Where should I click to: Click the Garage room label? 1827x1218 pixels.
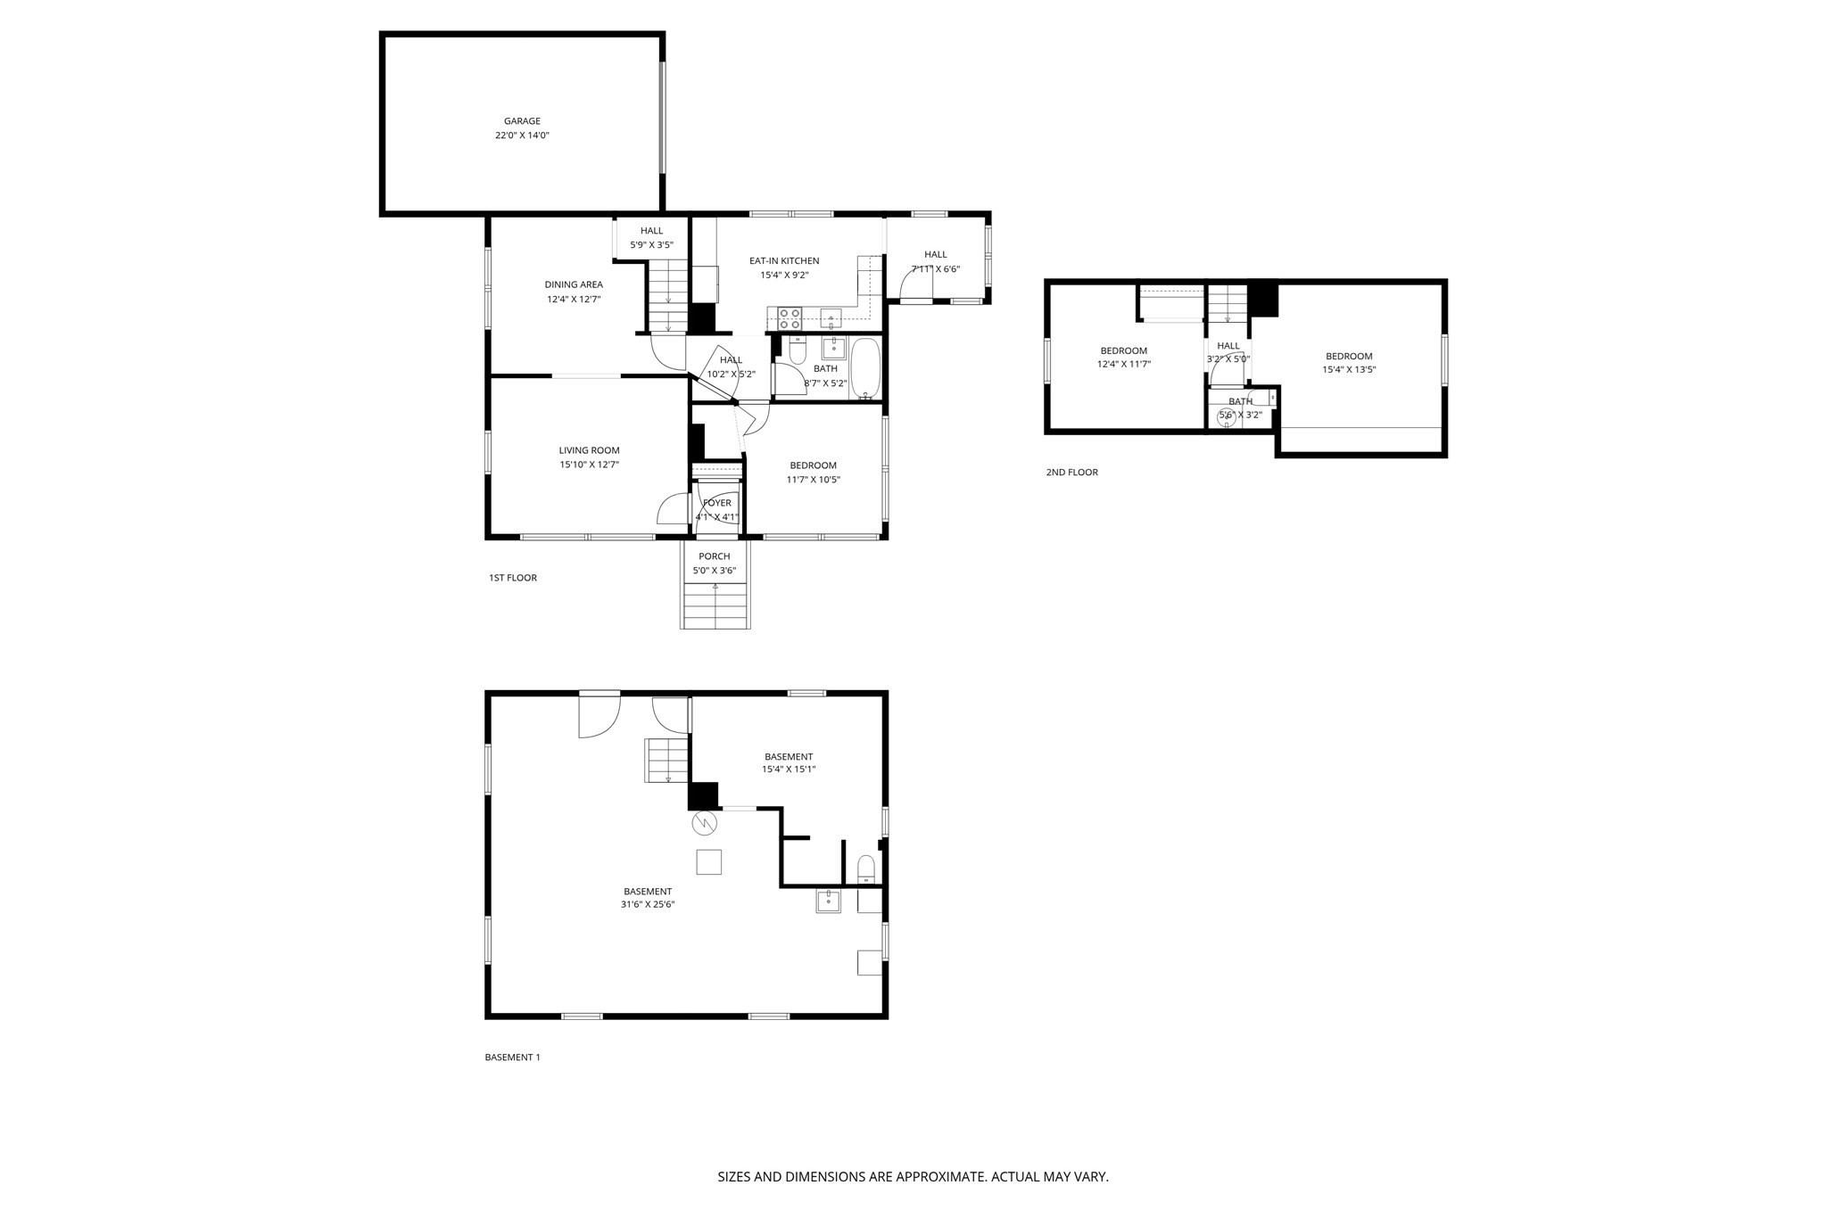coord(522,121)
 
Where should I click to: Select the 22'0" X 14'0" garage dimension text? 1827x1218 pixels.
coord(522,136)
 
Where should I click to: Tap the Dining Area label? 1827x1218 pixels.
coord(574,284)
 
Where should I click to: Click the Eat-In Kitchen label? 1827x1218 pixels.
coord(784,261)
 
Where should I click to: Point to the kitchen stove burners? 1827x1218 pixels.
coord(789,318)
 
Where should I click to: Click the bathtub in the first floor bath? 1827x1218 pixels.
coord(866,368)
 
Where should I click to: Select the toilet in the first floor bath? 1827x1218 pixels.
coord(798,350)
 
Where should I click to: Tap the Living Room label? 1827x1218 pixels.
coord(589,450)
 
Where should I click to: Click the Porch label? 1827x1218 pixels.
coord(715,556)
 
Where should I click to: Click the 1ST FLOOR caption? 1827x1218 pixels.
coord(513,578)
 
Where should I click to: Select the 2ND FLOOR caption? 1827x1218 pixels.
coord(1071,473)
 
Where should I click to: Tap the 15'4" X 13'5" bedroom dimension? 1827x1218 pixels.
coord(1349,369)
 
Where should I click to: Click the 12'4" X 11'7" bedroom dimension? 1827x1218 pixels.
coord(1123,364)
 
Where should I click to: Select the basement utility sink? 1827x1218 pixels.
coord(829,901)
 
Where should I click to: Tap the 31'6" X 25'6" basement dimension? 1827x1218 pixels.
coord(648,904)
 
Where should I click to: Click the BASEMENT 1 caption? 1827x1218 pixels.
coord(512,1058)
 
